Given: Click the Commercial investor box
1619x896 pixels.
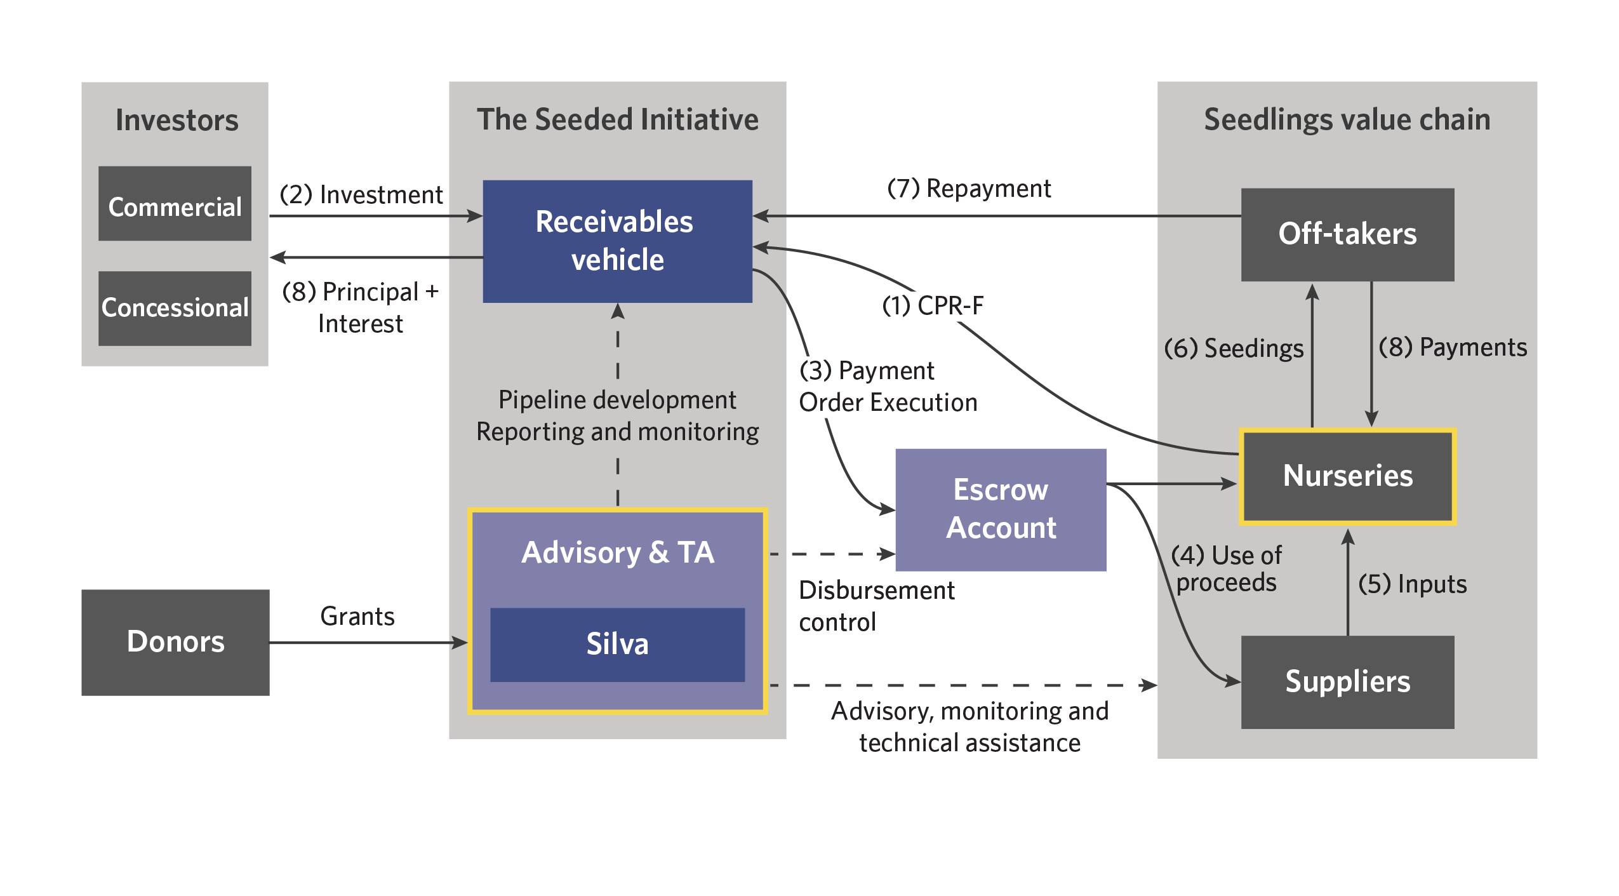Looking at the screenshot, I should pos(175,204).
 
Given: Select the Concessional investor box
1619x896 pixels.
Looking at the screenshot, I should pos(175,309).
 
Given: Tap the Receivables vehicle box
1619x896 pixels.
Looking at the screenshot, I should pos(617,241).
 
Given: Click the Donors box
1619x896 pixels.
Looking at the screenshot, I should pos(175,642).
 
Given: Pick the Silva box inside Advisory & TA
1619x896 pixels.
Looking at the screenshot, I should pos(617,645).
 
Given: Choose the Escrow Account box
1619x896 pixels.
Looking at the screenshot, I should pos(1001,509).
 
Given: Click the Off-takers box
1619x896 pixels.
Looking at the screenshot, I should pos(1347,234).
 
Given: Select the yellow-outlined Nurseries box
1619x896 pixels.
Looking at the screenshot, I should pos(1347,476).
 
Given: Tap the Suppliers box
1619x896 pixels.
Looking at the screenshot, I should pos(1347,682).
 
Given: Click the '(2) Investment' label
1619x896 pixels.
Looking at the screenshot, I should pos(361,195).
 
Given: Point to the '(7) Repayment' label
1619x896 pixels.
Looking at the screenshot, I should pos(969,189).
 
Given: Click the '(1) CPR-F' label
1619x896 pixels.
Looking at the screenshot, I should pos(933,306).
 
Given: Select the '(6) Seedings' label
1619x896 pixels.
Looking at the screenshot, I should pos(1233,349).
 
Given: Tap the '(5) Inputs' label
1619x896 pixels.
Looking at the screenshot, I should pos(1412,584).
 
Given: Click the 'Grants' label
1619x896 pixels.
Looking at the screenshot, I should pos(357,617).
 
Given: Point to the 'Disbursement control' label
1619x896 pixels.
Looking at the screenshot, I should pos(876,606).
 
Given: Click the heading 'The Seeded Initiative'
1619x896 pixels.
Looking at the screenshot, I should pos(617,120).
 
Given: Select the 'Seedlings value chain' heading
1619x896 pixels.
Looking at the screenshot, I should pos(1347,120).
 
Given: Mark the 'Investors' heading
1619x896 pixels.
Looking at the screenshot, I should pos(177,121).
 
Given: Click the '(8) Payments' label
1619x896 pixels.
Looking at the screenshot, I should pos(1453,347).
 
